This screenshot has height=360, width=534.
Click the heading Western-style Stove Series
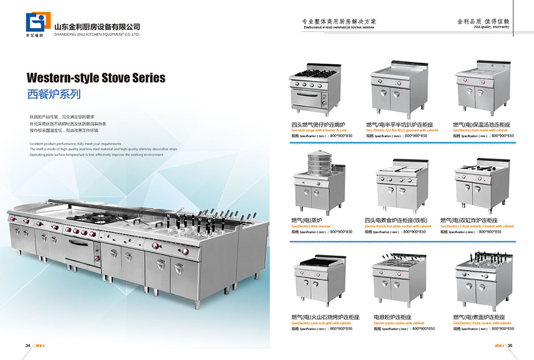(x=96, y=78)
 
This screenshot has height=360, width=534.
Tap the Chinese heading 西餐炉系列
(x=54, y=94)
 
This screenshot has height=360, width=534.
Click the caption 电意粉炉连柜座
(x=392, y=316)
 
